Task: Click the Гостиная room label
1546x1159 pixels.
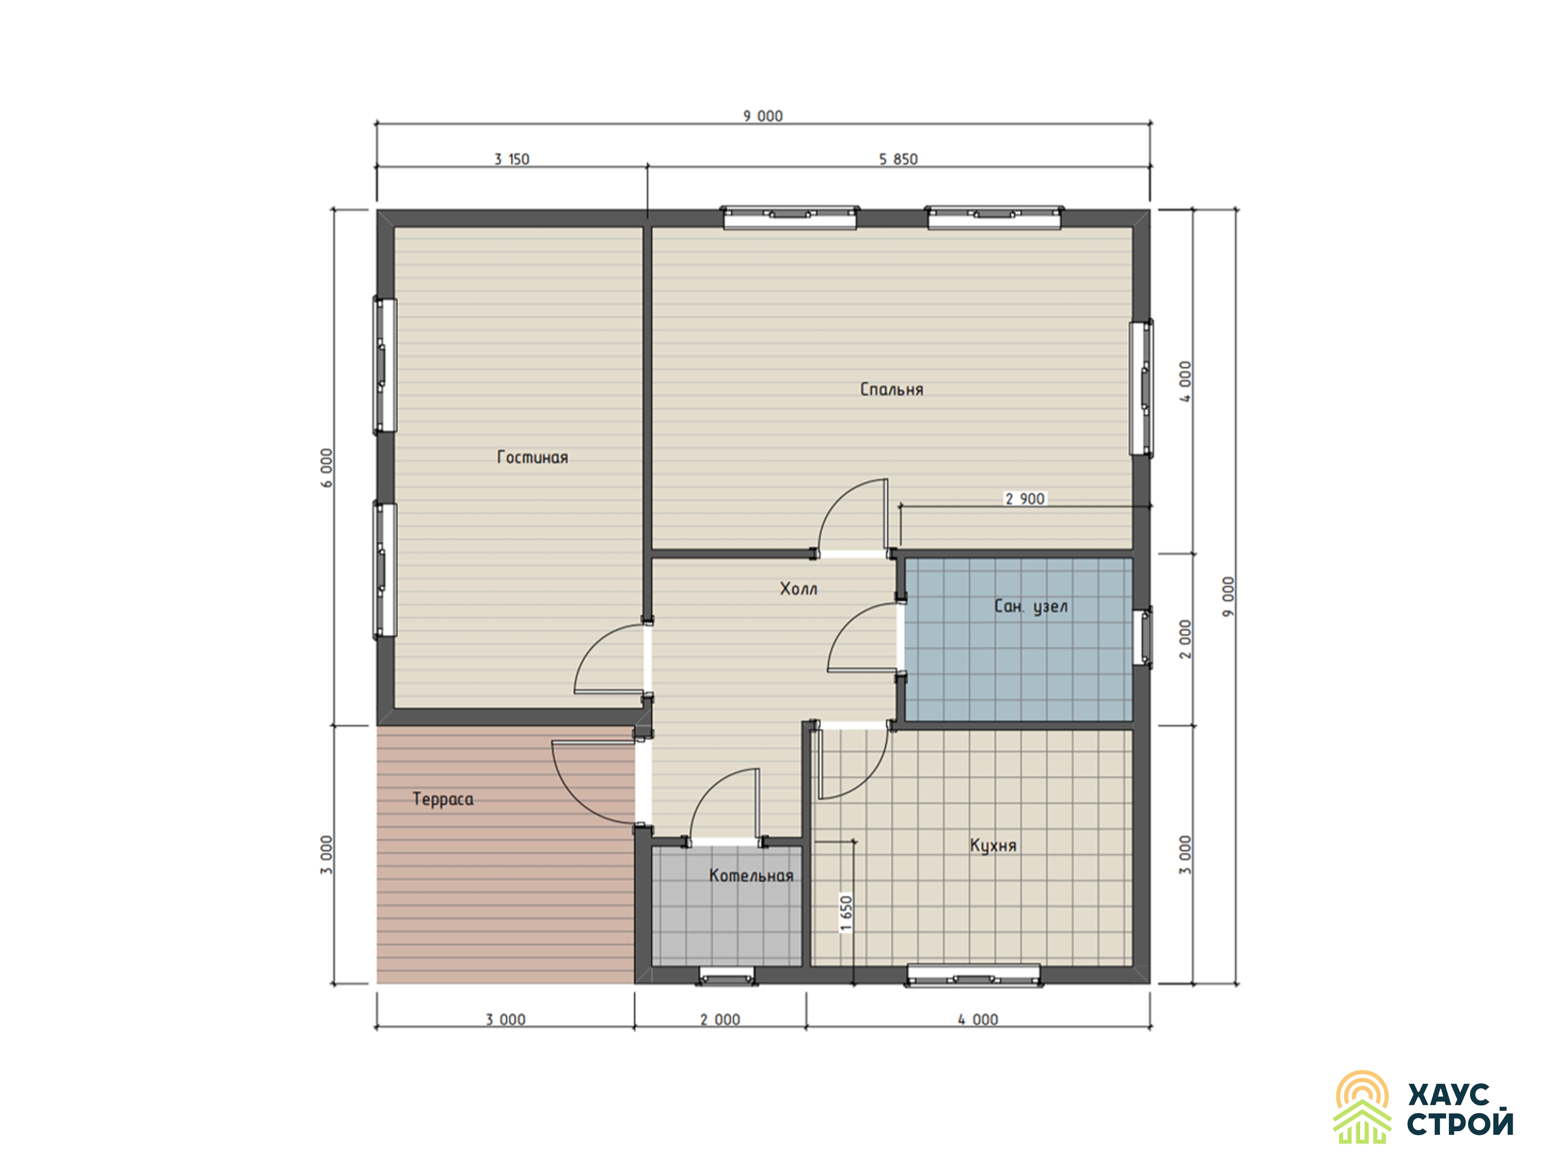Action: click(x=532, y=458)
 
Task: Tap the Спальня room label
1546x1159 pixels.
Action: click(x=891, y=390)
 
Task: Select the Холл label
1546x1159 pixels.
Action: click(x=798, y=589)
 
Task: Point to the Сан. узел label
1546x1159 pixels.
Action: click(x=1031, y=607)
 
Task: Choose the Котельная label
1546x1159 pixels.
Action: click(x=751, y=876)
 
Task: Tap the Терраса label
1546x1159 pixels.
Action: click(x=443, y=799)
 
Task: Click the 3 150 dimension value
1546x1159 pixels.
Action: click(x=512, y=159)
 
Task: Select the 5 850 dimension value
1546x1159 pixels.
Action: click(x=898, y=159)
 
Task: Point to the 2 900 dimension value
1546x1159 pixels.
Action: click(x=1025, y=499)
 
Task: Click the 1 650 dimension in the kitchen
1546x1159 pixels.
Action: click(x=847, y=913)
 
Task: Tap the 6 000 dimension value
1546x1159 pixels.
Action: click(x=327, y=467)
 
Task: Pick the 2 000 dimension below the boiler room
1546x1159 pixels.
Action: click(x=720, y=1020)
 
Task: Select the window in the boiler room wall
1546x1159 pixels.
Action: click(x=727, y=976)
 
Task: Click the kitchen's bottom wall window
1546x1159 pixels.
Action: click(x=973, y=976)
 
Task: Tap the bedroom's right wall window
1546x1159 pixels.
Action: click(x=1141, y=388)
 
